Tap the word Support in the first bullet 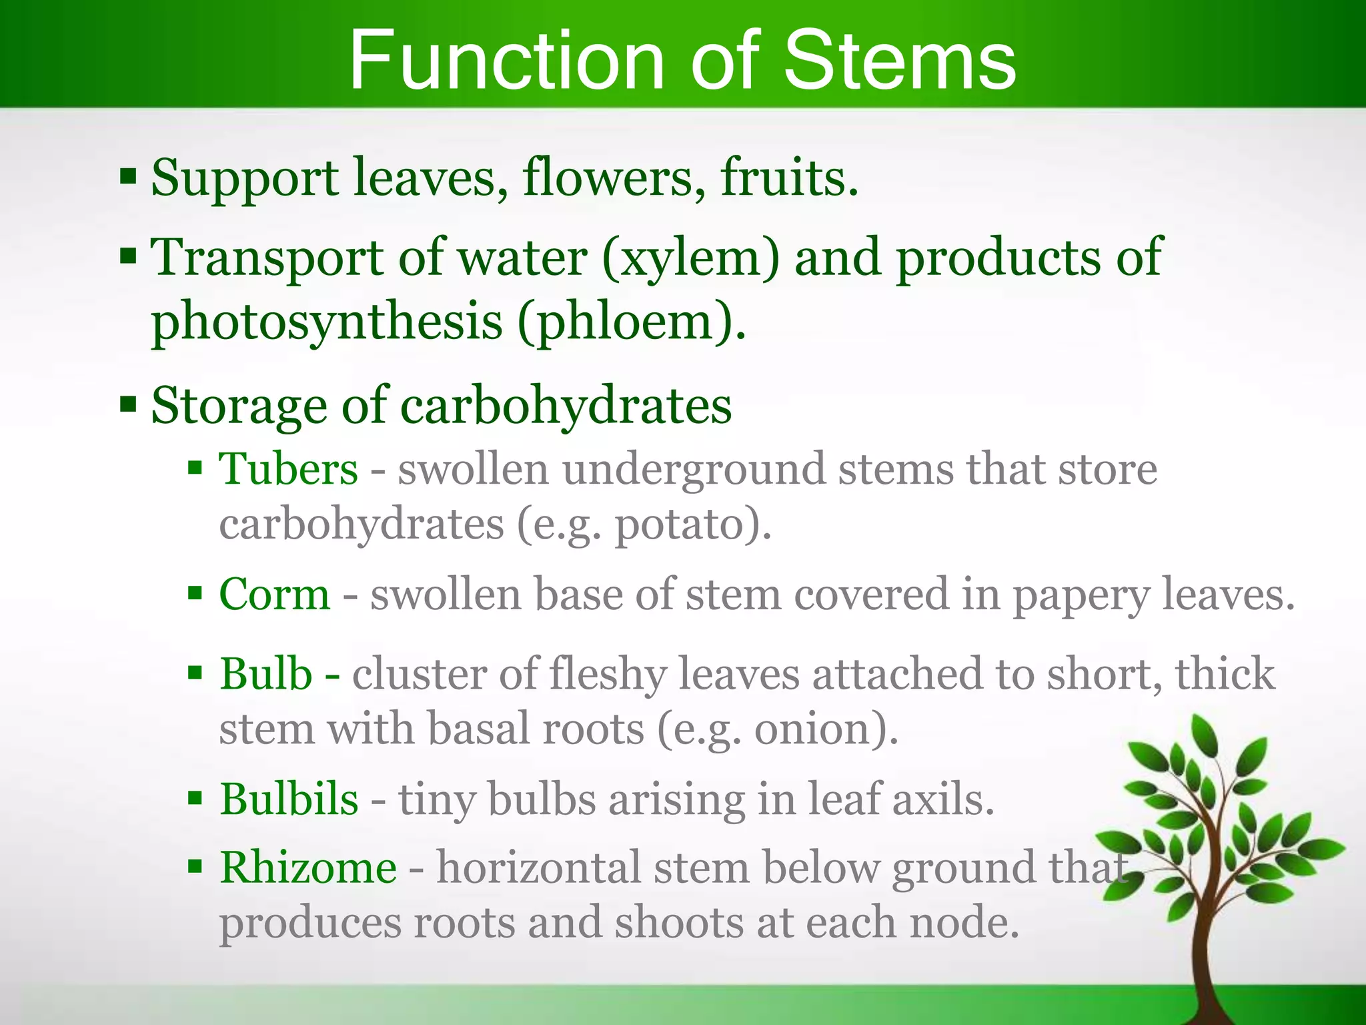[x=244, y=179]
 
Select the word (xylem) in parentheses [x=690, y=258]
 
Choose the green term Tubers [x=289, y=468]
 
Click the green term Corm [x=274, y=594]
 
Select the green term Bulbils [x=289, y=799]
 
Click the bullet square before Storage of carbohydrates [x=128, y=404]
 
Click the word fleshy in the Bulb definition [x=608, y=674]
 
